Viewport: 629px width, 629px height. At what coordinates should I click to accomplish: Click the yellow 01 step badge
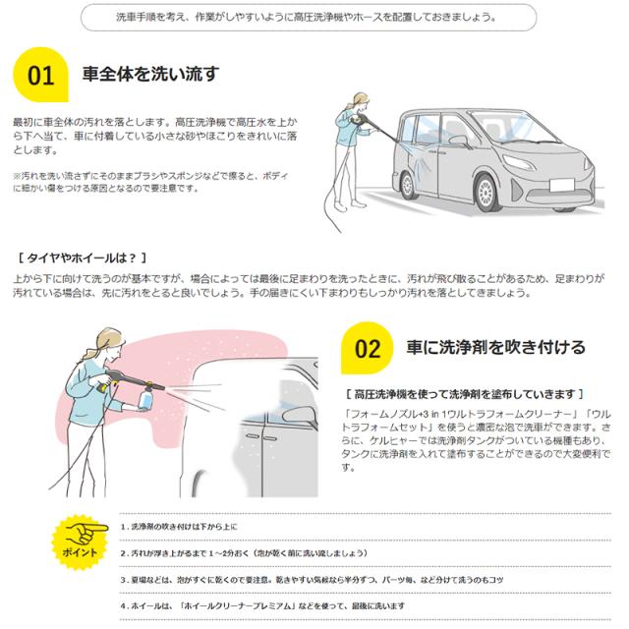(42, 76)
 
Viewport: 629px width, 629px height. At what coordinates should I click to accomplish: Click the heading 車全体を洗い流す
(150, 75)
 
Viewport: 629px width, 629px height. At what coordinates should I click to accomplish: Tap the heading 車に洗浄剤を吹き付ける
(496, 347)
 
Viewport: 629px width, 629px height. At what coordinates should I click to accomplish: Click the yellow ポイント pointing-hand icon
(79, 540)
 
